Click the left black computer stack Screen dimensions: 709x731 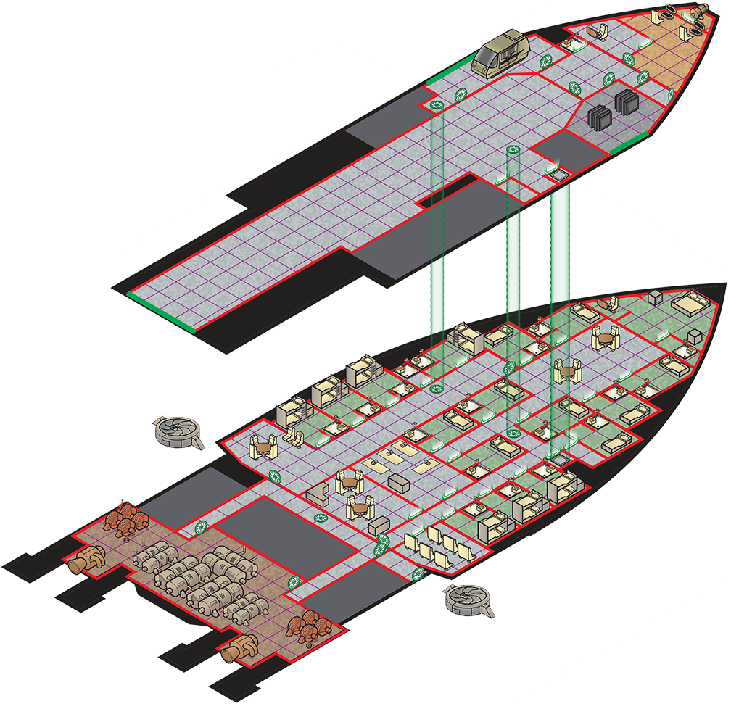pos(600,115)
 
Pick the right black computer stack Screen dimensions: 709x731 pos(624,101)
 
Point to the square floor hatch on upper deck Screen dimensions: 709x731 pos(559,174)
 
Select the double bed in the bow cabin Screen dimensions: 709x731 pos(687,302)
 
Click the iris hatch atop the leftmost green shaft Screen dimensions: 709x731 pos(437,106)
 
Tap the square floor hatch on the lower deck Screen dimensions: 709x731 pos(559,458)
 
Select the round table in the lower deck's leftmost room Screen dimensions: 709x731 pos(262,449)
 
